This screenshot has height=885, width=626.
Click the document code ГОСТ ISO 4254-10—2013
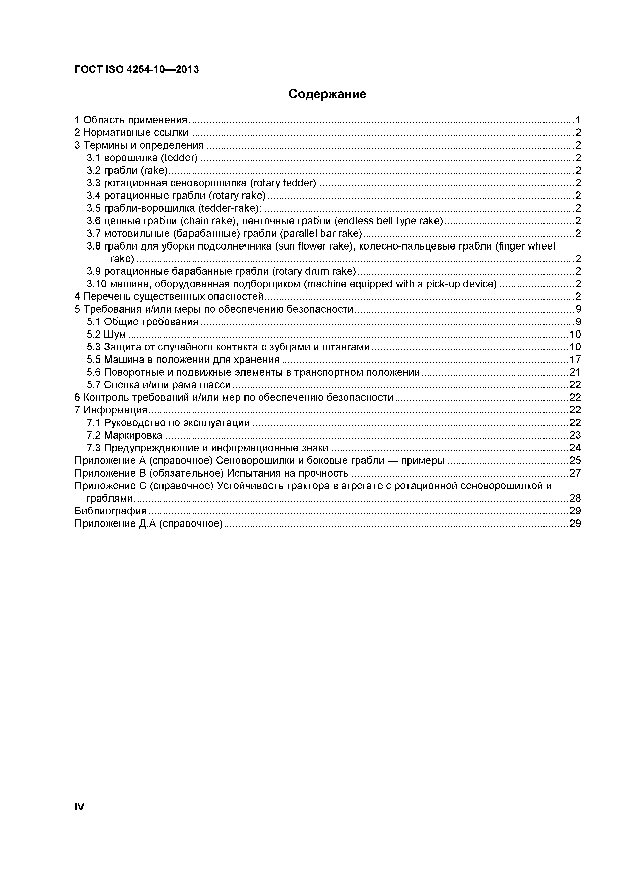coord(137,69)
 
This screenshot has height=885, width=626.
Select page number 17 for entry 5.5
coord(575,360)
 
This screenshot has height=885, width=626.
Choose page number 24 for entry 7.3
coord(575,448)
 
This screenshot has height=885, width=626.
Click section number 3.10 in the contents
coord(96,284)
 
